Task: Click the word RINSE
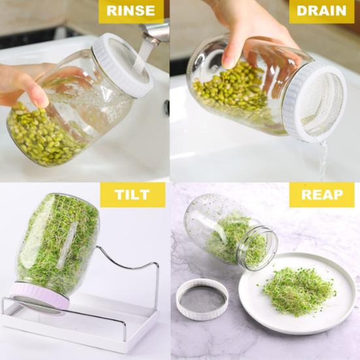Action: point(131,10)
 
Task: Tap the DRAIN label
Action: point(321,11)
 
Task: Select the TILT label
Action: point(133,195)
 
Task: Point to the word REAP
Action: point(322,195)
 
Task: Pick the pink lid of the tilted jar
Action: point(39,297)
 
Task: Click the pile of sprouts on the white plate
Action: point(299,291)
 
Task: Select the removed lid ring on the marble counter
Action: point(202,299)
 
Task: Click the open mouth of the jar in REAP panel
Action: point(257,248)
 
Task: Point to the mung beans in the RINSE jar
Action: point(41,135)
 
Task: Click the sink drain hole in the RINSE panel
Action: point(167,107)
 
